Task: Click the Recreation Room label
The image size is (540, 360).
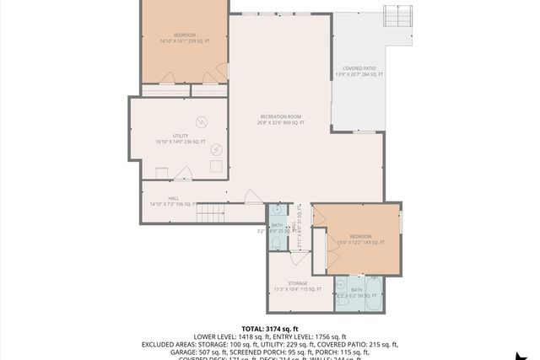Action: point(280,120)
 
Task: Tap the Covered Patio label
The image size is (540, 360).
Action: point(362,72)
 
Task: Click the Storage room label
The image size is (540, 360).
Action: point(297,286)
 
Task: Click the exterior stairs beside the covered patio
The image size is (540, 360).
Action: point(397,15)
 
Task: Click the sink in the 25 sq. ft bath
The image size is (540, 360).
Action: point(277,210)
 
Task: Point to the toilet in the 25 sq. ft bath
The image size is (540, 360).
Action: point(276,243)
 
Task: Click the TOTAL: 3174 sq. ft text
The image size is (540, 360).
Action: point(270,328)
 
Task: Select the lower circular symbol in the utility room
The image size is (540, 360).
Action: point(216,149)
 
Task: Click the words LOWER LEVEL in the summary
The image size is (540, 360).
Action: point(213,336)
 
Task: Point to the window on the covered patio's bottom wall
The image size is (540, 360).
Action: point(364,132)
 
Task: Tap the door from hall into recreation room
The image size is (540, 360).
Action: point(252,197)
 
